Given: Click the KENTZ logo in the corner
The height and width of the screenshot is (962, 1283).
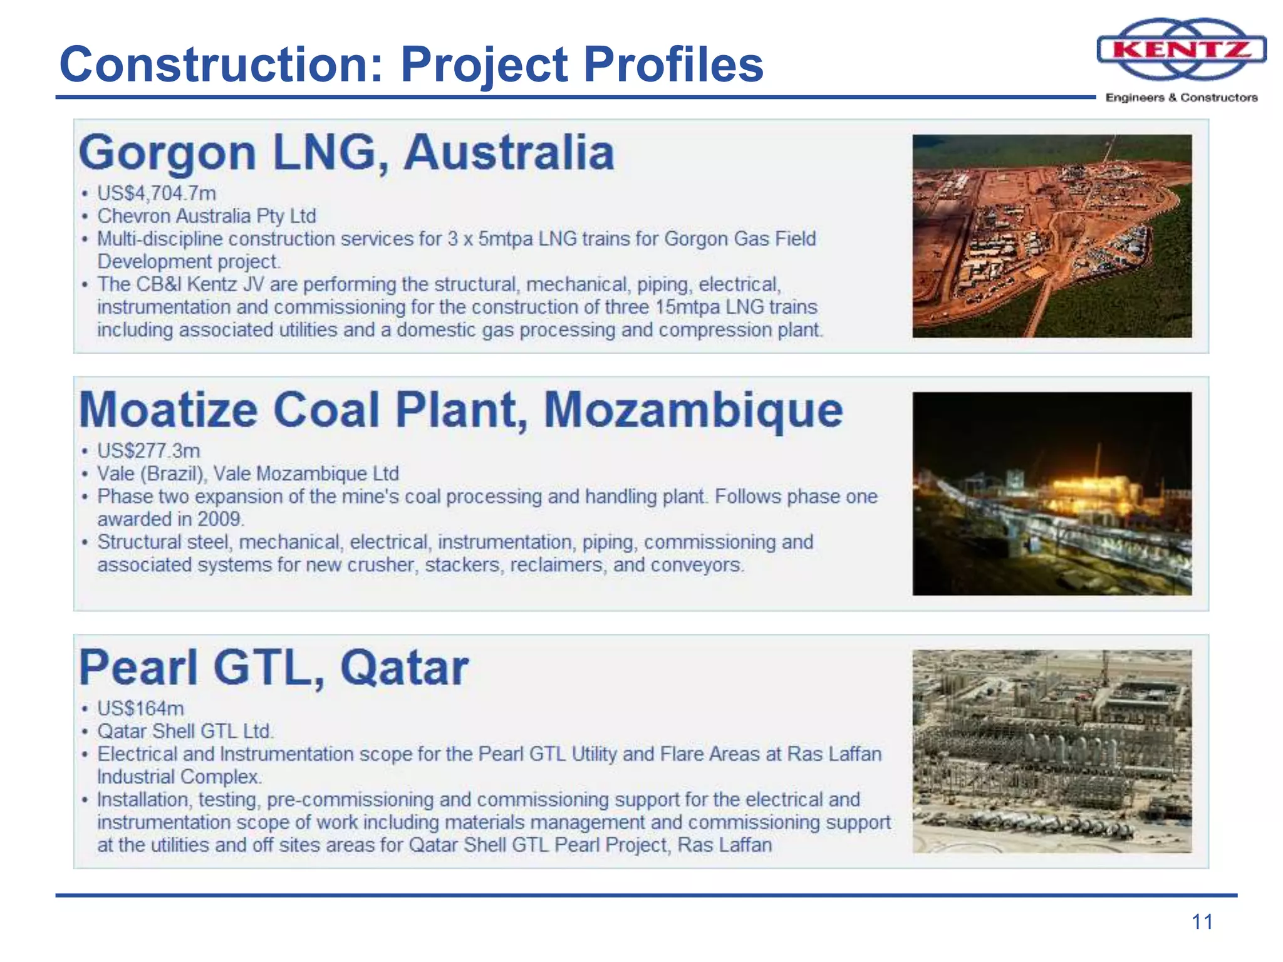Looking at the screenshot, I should click(x=1182, y=49).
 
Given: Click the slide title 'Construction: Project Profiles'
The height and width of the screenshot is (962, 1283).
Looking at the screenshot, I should click(x=411, y=65).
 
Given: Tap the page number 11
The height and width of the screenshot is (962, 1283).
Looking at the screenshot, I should click(x=1202, y=922).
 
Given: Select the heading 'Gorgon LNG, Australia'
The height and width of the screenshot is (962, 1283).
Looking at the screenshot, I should click(x=346, y=153).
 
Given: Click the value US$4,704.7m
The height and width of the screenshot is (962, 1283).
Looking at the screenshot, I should click(x=156, y=193).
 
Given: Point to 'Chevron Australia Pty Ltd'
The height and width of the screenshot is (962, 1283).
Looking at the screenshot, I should click(x=206, y=216).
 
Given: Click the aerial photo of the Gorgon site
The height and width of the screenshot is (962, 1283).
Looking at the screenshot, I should click(x=1052, y=236).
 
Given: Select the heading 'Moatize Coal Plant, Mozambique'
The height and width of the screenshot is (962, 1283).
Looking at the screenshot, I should click(x=460, y=410).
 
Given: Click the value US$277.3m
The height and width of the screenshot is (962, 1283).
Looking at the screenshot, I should click(x=148, y=451).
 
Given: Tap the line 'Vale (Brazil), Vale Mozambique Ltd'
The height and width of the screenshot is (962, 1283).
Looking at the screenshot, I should click(x=247, y=473).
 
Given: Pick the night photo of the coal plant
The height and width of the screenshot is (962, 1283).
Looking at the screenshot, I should click(x=1052, y=494).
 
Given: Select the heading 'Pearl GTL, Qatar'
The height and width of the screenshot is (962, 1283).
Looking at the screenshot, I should click(x=274, y=668).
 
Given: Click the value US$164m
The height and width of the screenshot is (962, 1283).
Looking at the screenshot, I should click(x=140, y=708).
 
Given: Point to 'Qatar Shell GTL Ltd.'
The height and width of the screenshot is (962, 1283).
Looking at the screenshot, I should click(x=185, y=731).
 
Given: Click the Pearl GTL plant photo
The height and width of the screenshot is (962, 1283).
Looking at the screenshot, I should click(x=1052, y=751).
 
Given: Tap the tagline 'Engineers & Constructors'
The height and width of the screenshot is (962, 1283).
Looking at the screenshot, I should click(x=1182, y=98).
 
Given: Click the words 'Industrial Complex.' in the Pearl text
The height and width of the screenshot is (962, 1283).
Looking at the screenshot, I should click(x=179, y=777).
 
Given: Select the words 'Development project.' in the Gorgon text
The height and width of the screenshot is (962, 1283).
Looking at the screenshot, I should click(x=189, y=261).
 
